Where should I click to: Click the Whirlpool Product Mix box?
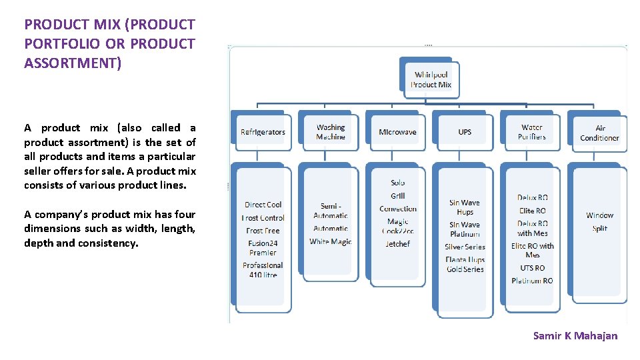(431, 79)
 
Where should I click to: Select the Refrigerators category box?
(263, 132)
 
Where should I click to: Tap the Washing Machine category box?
(331, 132)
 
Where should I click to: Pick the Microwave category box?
(397, 132)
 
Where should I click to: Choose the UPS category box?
(465, 132)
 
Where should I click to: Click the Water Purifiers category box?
(532, 132)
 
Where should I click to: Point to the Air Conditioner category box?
(599, 133)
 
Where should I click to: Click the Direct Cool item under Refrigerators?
(263, 205)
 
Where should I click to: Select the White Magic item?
(331, 241)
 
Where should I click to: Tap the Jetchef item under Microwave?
(398, 244)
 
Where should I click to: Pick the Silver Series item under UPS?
(465, 247)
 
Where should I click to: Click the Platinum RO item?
(532, 281)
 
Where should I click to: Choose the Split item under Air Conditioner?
(600, 228)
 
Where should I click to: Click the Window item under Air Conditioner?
(599, 215)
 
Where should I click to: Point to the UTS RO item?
(532, 268)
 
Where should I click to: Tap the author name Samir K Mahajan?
(575, 335)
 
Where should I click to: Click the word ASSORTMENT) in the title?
(73, 63)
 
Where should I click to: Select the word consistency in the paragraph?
(109, 243)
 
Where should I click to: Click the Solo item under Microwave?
(398, 183)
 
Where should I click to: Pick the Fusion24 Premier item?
(263, 248)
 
